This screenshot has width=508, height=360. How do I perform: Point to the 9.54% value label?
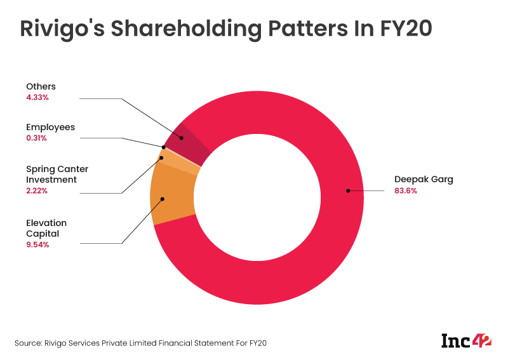tap(37, 244)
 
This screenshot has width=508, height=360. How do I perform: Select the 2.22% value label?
tap(37, 190)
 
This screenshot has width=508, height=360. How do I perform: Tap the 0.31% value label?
tap(37, 138)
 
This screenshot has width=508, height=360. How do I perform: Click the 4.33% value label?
tap(37, 97)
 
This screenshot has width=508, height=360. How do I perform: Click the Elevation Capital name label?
tap(46, 228)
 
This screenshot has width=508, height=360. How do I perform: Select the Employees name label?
tap(50, 127)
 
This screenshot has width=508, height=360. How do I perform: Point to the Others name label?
tap(41, 86)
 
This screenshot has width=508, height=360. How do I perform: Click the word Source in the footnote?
tap(27, 343)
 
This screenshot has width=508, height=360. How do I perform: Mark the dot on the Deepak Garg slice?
tap(347, 190)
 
